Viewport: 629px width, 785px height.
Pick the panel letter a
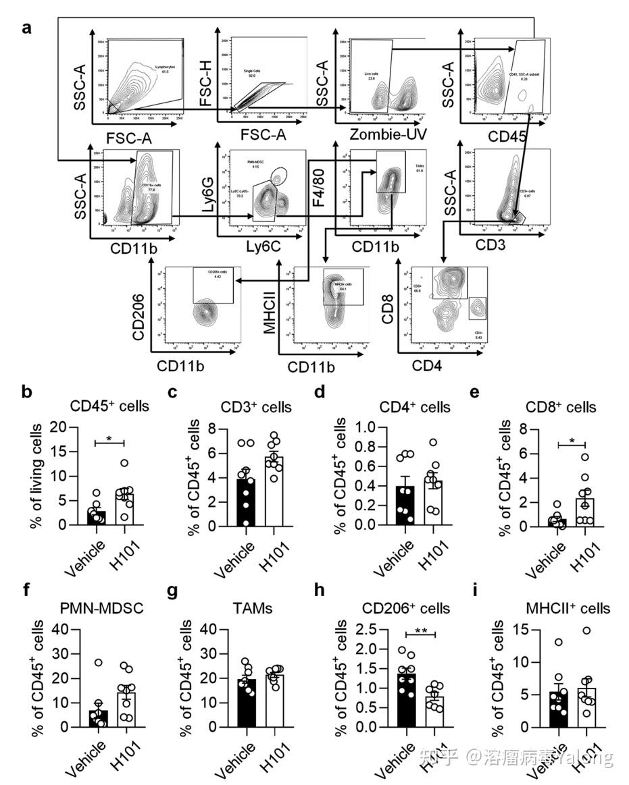tap(26, 28)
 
